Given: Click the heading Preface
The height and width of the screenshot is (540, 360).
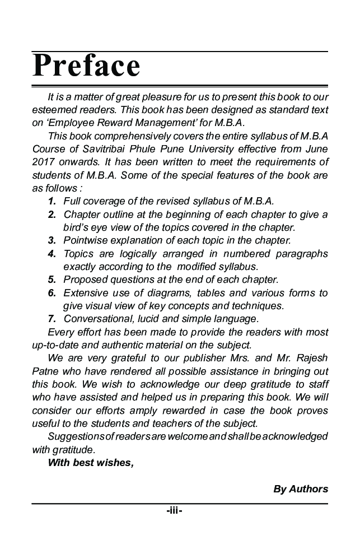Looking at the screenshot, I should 86,66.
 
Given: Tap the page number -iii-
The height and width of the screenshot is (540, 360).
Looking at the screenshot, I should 174,511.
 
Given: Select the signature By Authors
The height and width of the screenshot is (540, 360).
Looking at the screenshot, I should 300,489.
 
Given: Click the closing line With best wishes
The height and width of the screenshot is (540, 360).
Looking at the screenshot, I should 91,462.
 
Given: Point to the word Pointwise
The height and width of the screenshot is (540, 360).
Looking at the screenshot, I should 85,241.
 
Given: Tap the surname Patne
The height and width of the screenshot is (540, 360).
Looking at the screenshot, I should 45,371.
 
